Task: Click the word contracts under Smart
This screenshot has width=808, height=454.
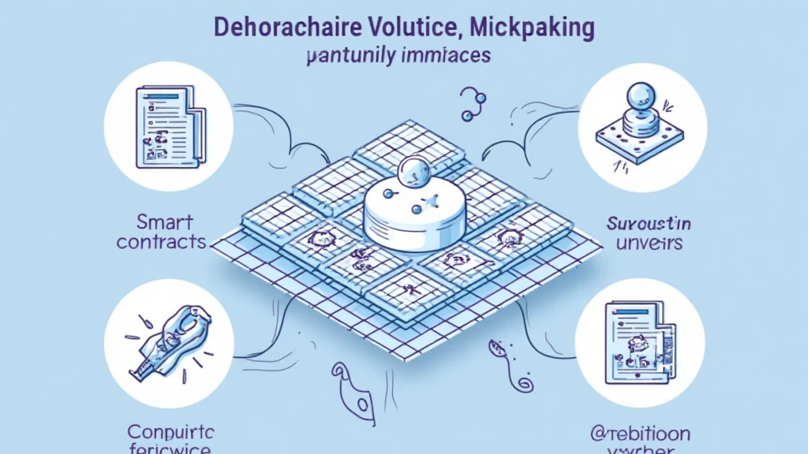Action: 161,241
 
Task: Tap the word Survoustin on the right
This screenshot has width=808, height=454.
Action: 649,223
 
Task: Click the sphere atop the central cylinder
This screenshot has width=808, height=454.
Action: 410,172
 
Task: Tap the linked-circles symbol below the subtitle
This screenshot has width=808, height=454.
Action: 472,106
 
